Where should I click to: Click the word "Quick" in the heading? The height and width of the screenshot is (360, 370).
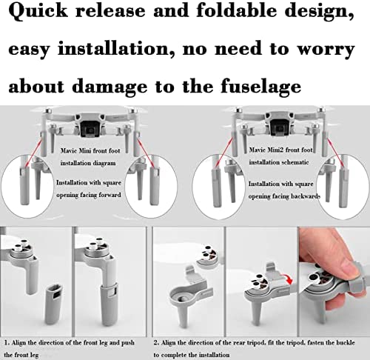pos(38,11)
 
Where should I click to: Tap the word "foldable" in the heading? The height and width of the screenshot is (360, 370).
pos(236,10)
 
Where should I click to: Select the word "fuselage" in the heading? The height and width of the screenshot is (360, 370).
pos(260,87)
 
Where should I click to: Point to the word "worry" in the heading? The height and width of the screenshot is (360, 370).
pos(326,50)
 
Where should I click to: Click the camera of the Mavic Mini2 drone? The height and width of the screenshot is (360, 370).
pos(280,128)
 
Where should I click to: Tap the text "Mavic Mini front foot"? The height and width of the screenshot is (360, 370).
pos(90,150)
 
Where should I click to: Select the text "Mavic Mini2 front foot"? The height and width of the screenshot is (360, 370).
pos(280,150)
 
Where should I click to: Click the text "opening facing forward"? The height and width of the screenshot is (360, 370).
pos(89,195)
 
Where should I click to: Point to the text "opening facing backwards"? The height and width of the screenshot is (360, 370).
pos(284,196)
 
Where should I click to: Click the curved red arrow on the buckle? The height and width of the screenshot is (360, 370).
pos(286,279)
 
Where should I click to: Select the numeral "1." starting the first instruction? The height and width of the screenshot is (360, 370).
pos(7,342)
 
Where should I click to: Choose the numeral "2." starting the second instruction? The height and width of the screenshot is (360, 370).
pos(156,342)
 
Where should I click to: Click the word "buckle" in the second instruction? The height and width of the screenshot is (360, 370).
pos(345,342)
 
